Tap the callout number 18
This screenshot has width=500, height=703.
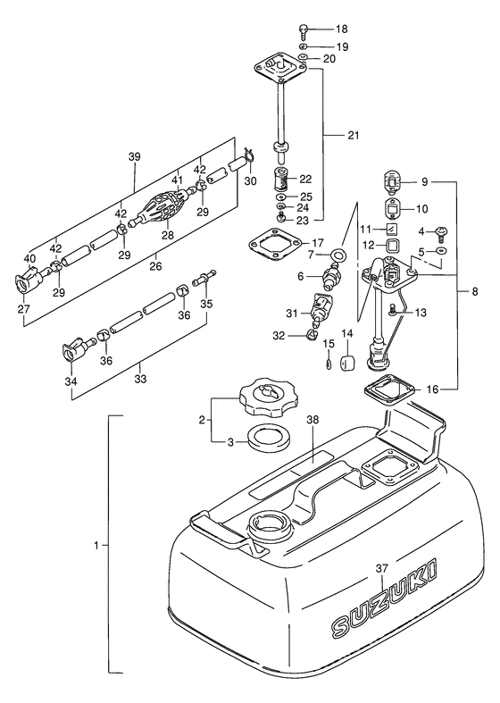[x=341, y=29]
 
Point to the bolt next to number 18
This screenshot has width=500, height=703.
[x=304, y=31]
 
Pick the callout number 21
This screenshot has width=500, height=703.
[x=354, y=135]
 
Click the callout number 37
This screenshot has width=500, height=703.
[x=382, y=568]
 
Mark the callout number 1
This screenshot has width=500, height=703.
[x=96, y=545]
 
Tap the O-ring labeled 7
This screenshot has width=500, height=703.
[x=337, y=255]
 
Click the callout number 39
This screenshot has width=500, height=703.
[x=134, y=157]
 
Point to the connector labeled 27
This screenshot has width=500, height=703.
[x=29, y=280]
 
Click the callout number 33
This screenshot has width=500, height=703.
[x=140, y=380]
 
